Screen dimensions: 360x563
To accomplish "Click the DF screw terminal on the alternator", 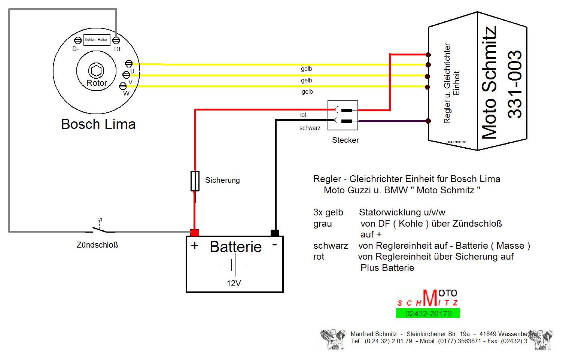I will pos(116,40).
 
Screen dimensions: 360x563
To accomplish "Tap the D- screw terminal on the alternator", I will pos(78,40).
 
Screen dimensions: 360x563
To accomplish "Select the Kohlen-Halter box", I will pos(96,40).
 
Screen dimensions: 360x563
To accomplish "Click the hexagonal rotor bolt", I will pos(96,70).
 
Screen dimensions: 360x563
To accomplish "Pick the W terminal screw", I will pos(122,86).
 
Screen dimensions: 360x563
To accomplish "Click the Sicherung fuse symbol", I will pos(195,181).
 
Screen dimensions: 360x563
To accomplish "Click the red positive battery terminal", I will pos(195,233).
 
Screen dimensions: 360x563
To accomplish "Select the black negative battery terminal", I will pos(275,233).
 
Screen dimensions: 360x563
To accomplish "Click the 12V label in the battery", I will pos(234,284).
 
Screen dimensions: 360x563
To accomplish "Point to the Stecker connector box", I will pos(343,115).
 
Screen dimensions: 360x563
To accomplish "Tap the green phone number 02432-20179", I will pos(428,314).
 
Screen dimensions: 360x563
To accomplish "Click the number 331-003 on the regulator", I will pos(515,85).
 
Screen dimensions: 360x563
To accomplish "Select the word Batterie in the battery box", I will pos(235,247).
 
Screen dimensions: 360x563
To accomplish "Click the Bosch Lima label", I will pos(98,124).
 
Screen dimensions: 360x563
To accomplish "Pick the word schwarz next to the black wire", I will pos(310,128).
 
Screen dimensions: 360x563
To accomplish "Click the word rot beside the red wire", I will pos(303,115).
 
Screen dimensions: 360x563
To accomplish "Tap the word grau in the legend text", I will pos(323,224).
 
